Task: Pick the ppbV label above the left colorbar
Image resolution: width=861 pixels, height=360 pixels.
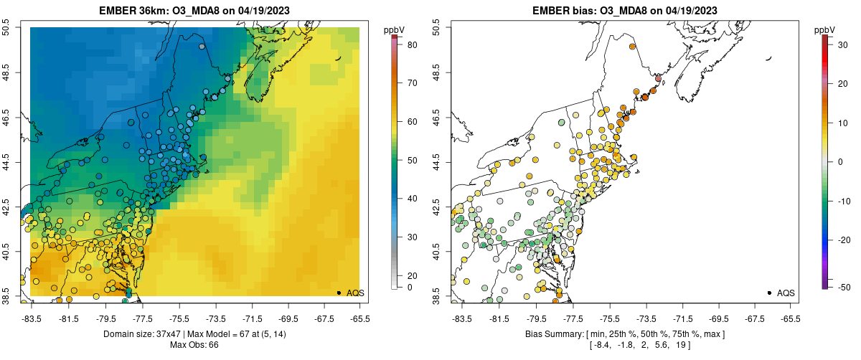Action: coord(394,29)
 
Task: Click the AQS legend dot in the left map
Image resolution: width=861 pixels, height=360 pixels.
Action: coord(339,293)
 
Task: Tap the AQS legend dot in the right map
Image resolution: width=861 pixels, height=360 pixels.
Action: coord(769,293)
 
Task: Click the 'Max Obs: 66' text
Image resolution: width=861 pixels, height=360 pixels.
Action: coord(194,345)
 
